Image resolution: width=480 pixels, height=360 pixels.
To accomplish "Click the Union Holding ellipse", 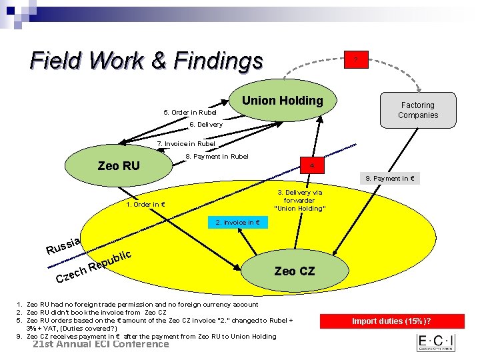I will click(282, 101).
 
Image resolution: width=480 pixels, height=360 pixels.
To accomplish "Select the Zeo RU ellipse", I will click(119, 165).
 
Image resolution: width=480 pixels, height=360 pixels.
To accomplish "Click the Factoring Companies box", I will click(418, 110).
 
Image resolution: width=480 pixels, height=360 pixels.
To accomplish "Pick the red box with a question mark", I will click(356, 61).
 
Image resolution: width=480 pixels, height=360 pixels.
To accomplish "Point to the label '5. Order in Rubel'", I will click(191, 112).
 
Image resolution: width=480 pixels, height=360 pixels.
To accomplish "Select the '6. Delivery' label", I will click(206, 125).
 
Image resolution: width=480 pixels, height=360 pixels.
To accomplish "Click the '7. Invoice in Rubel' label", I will click(186, 143).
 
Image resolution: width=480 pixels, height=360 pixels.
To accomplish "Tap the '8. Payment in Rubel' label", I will click(217, 157).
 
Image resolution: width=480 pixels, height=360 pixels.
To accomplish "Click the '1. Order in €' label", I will click(145, 204).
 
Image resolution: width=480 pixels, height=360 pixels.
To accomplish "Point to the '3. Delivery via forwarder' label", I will click(299, 200).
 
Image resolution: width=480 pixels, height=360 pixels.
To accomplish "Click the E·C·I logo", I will click(436, 343).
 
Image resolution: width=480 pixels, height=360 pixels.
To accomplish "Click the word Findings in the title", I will click(218, 61).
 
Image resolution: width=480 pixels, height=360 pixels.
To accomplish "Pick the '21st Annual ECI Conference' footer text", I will click(101, 344).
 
